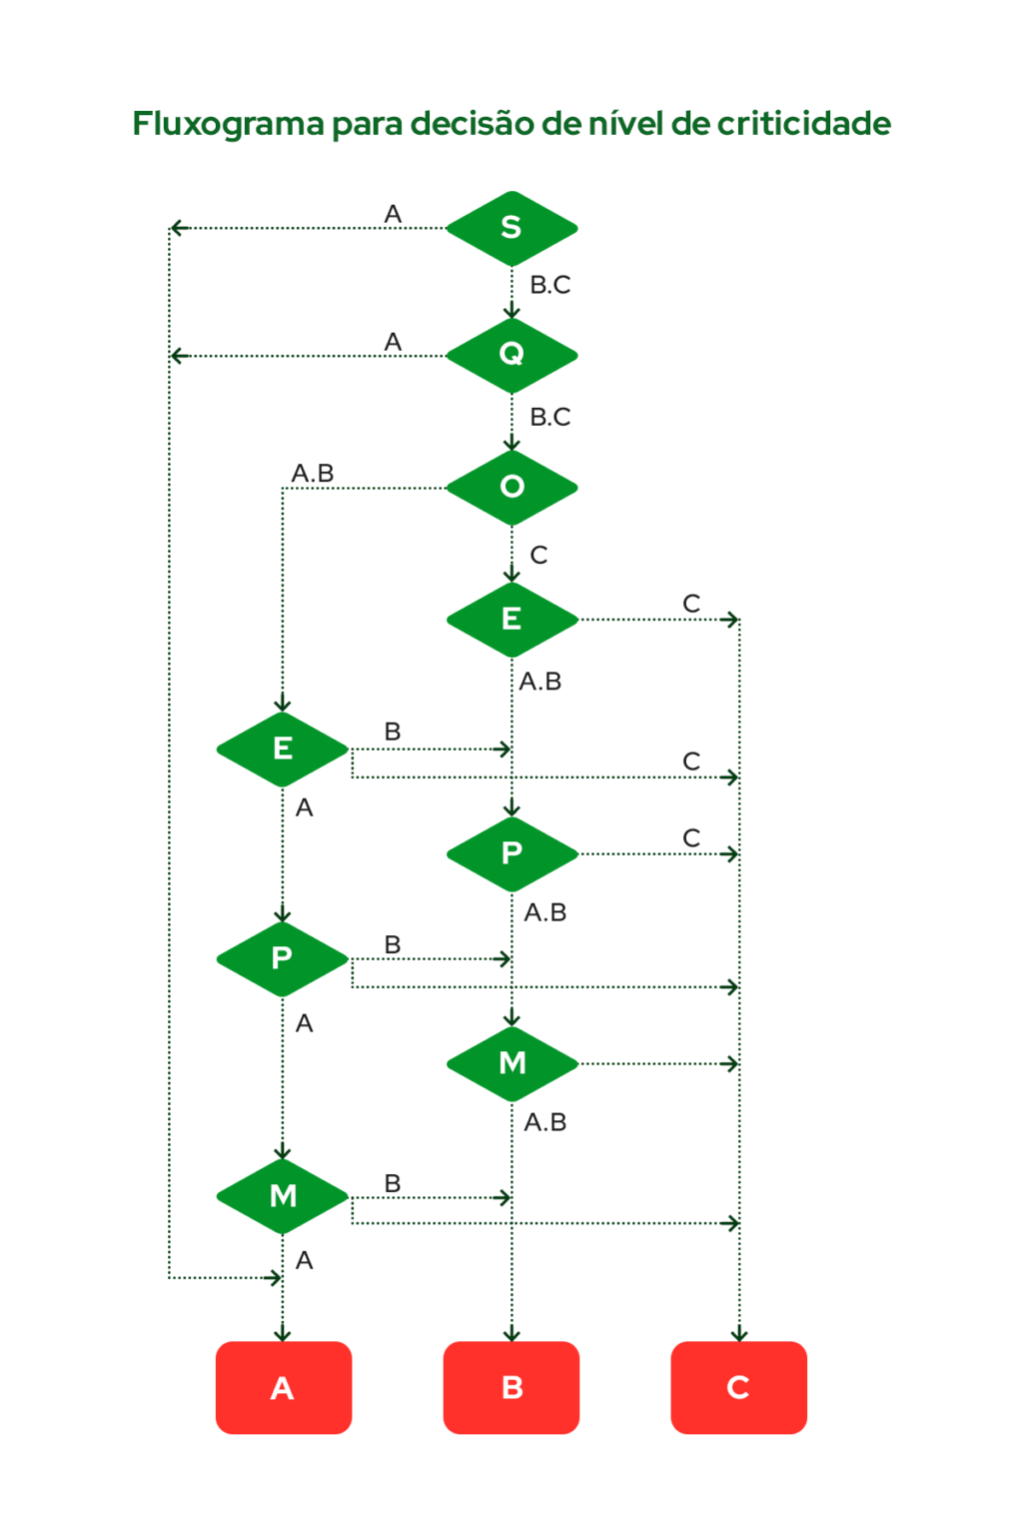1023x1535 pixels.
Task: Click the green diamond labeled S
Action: (511, 228)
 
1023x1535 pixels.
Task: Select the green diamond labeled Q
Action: (511, 355)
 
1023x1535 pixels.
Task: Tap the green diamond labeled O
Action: (511, 487)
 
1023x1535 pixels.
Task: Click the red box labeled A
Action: (283, 1387)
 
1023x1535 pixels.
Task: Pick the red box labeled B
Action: (511, 1387)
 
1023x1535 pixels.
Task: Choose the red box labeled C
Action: (738, 1387)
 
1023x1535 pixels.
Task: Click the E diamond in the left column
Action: (283, 749)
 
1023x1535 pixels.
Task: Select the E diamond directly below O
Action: (511, 620)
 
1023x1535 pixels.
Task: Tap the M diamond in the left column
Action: (283, 1195)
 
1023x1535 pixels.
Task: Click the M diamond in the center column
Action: (511, 1062)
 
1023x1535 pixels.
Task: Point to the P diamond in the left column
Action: (283, 958)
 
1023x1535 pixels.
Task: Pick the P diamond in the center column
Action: (511, 853)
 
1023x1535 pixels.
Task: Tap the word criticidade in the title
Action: (803, 124)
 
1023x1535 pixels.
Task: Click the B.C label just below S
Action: (549, 286)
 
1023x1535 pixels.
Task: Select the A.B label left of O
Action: (313, 474)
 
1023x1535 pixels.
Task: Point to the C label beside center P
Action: (691, 838)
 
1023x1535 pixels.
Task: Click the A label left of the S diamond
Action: (393, 215)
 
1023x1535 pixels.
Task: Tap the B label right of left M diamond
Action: (393, 1184)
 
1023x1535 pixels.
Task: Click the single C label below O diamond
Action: (538, 556)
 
